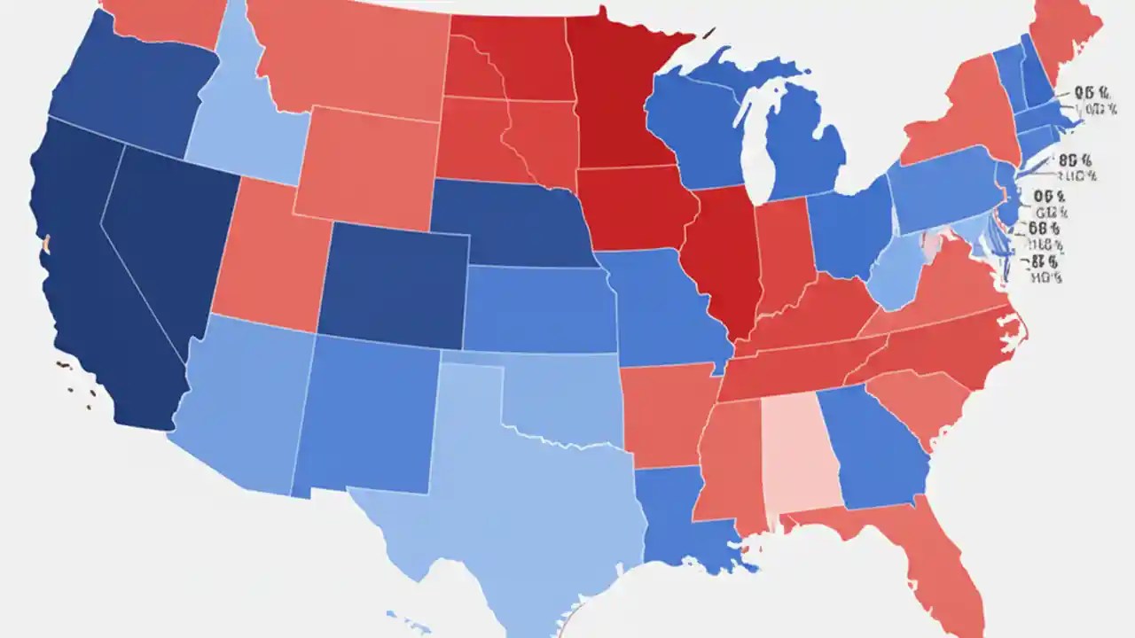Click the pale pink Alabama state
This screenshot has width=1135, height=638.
801,452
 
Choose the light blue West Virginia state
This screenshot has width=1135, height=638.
896,275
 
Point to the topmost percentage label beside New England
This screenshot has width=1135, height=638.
1092,92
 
